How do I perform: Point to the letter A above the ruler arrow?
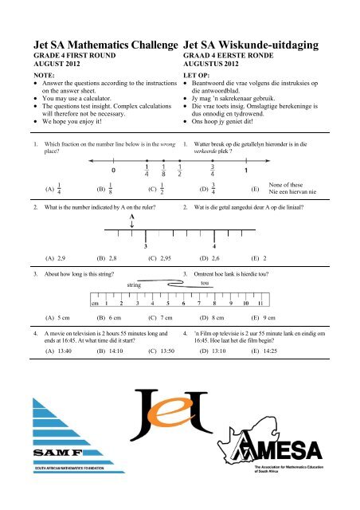(131, 215)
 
